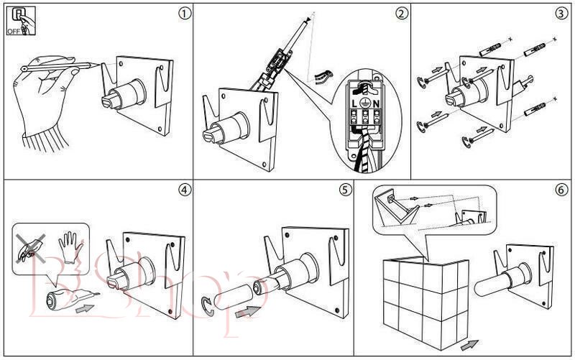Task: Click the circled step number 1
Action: click(187, 12)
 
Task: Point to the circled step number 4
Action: click(185, 190)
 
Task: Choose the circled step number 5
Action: click(346, 190)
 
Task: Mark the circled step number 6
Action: click(561, 190)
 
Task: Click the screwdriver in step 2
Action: click(284, 50)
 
